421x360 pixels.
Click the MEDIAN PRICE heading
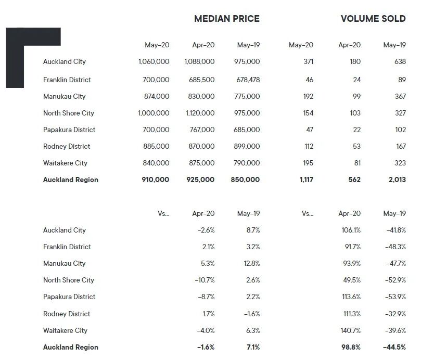226,19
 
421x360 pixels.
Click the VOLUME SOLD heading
373,19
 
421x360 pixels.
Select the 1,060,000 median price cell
154,61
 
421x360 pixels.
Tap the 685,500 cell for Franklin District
199,80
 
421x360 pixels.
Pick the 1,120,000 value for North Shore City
199,113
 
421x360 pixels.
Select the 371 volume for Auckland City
308,61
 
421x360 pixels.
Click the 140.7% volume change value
349,330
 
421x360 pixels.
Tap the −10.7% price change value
203,280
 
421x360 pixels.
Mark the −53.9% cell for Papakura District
395,297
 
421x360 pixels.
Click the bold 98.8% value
349,347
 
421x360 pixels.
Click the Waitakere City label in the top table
65,163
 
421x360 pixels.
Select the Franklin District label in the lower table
67,247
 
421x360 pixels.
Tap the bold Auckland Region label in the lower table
70,347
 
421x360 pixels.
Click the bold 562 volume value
354,179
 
